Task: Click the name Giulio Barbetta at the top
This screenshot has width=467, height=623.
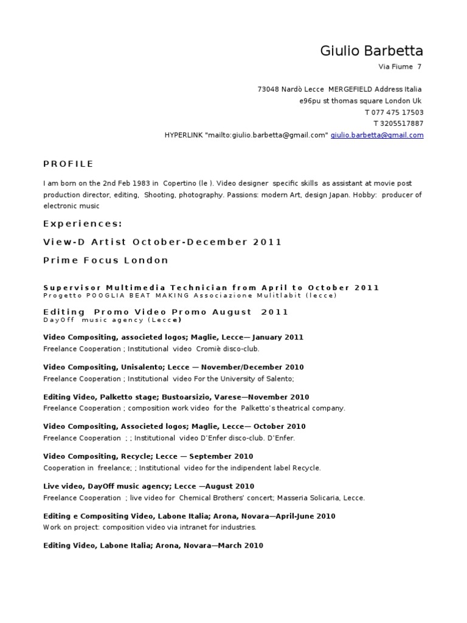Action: coord(372,50)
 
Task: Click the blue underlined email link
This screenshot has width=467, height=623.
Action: coord(377,135)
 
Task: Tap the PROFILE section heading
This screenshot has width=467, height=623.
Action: coord(69,164)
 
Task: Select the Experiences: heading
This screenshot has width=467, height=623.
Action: coord(83,223)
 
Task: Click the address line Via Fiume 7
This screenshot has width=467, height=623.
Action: coord(400,66)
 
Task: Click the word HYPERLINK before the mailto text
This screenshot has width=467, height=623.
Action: coord(184,135)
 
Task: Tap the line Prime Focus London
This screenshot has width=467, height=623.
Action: coord(106,260)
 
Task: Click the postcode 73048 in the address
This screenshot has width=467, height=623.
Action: coord(268,89)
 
